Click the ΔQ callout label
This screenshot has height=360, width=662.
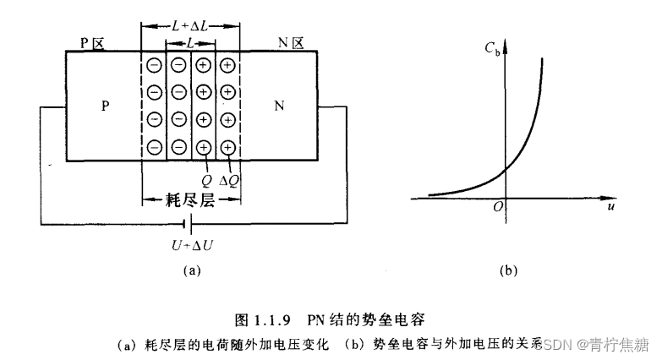pos(228,180)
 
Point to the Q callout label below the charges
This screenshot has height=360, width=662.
pos(205,180)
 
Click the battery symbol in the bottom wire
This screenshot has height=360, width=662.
pos(189,224)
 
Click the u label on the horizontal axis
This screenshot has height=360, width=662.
pos(610,205)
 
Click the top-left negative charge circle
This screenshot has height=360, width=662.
pos(155,65)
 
